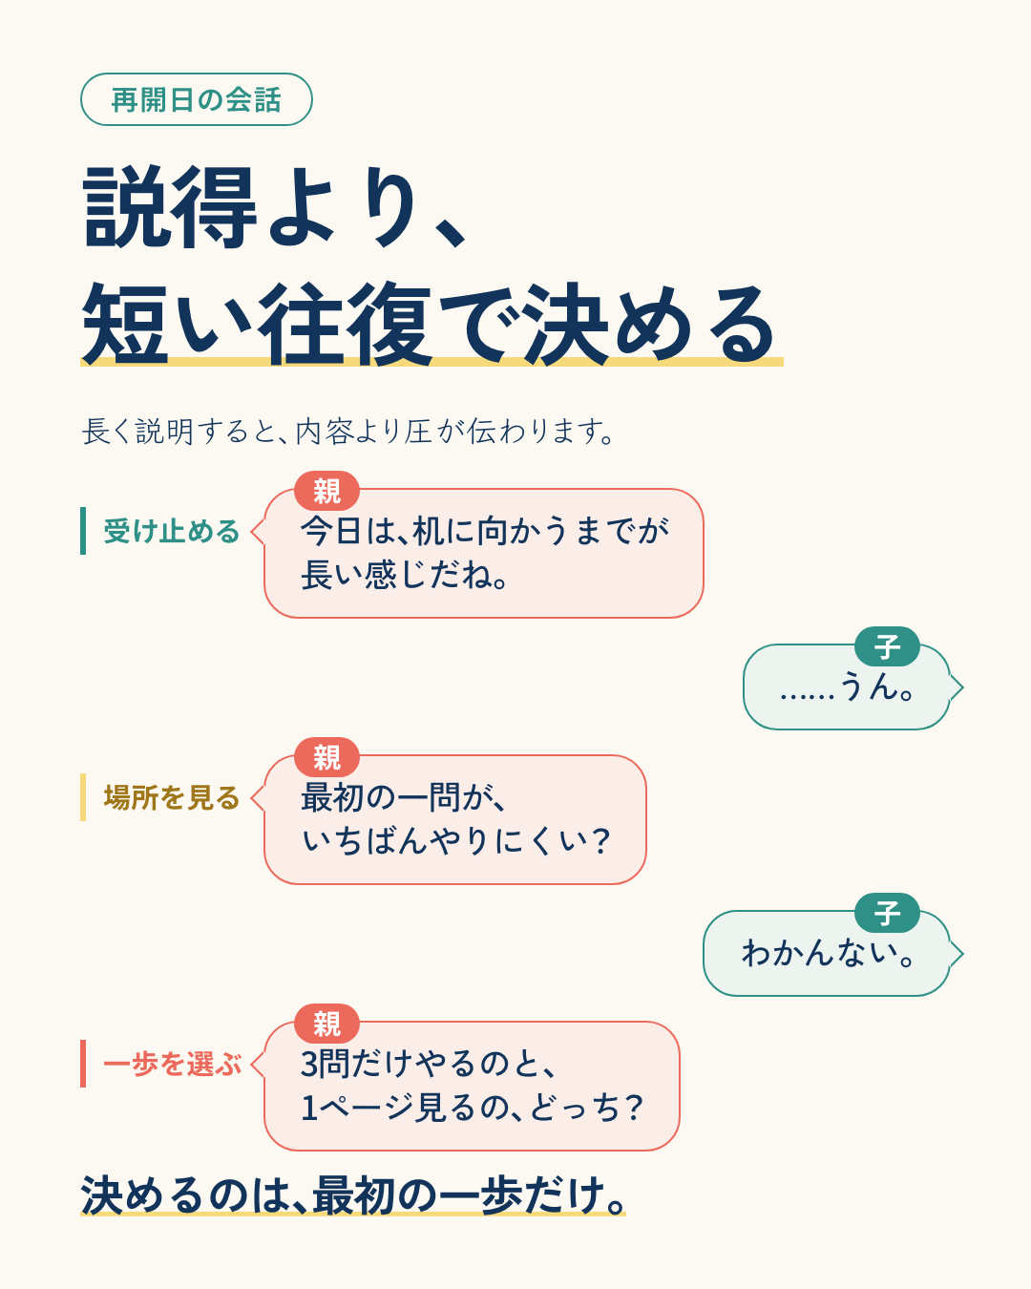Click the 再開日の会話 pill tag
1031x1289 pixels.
click(197, 99)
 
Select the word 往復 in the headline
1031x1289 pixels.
click(346, 324)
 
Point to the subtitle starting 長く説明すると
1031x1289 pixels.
click(347, 432)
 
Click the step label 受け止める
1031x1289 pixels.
click(171, 531)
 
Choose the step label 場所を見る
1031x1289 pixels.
click(171, 797)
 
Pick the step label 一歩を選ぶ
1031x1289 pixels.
click(173, 1064)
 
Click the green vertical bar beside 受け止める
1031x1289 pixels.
click(83, 531)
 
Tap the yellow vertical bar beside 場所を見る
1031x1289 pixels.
click(83, 797)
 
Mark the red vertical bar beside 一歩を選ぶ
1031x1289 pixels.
click(83, 1063)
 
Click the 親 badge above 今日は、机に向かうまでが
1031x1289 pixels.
click(327, 491)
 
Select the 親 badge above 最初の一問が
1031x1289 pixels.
click(327, 757)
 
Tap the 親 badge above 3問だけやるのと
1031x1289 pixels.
click(327, 1024)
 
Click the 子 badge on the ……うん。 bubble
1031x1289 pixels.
click(887, 646)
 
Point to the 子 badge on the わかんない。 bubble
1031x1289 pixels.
click(887, 913)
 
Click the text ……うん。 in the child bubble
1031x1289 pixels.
click(847, 687)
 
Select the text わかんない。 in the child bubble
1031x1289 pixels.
click(828, 953)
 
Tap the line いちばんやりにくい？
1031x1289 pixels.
click(456, 840)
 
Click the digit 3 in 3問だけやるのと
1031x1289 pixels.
click(308, 1065)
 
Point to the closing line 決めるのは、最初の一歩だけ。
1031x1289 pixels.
click(353, 1195)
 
